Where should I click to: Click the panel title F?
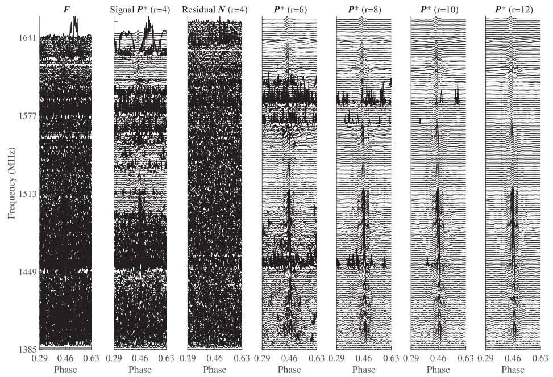[66, 9]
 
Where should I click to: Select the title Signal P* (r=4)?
[140, 9]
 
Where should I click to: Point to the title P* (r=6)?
[289, 9]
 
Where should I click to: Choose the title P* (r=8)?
[364, 9]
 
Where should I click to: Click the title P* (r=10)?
[438, 9]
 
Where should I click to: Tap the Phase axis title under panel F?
[66, 369]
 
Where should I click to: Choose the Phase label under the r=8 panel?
[364, 369]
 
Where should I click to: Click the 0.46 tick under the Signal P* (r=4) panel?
[140, 359]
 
